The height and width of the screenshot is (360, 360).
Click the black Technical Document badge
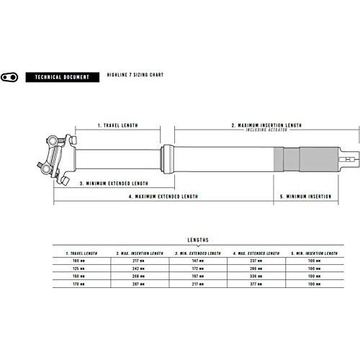tap(60, 76)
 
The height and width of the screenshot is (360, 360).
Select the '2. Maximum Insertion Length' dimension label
tap(266, 125)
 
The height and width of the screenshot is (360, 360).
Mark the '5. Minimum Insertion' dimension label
tap(309, 196)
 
